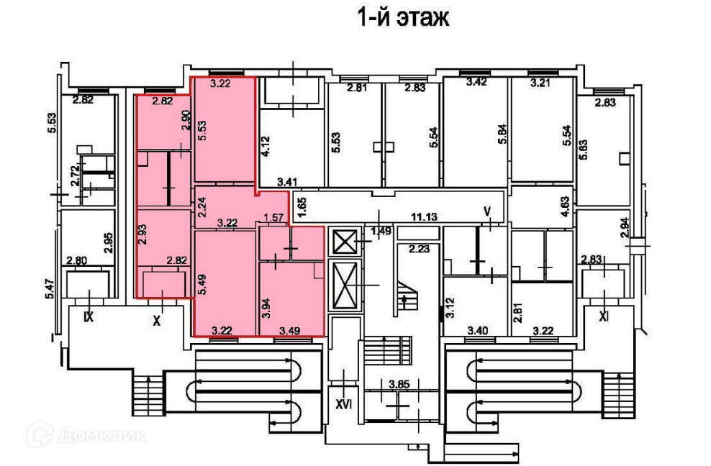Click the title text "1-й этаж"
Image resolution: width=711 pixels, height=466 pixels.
[403, 18]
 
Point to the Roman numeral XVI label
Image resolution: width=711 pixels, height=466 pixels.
[343, 404]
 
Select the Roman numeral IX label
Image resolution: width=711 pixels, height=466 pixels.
[89, 316]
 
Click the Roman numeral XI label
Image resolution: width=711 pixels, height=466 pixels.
[605, 316]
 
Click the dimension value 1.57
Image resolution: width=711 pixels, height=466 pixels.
[273, 217]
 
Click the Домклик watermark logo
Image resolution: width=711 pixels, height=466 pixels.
[86, 435]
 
